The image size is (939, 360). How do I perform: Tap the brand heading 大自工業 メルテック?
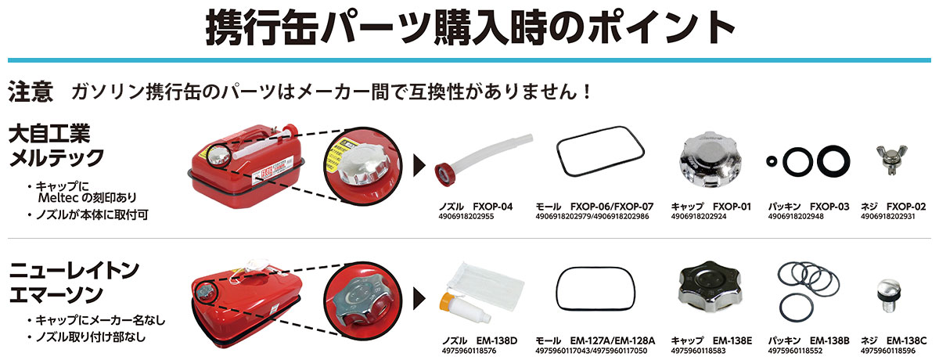(x=55, y=146)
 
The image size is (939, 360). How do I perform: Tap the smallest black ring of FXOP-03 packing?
(x=772, y=162)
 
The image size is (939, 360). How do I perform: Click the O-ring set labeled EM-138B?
(x=806, y=289)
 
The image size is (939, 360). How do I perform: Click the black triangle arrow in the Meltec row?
(x=420, y=165)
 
